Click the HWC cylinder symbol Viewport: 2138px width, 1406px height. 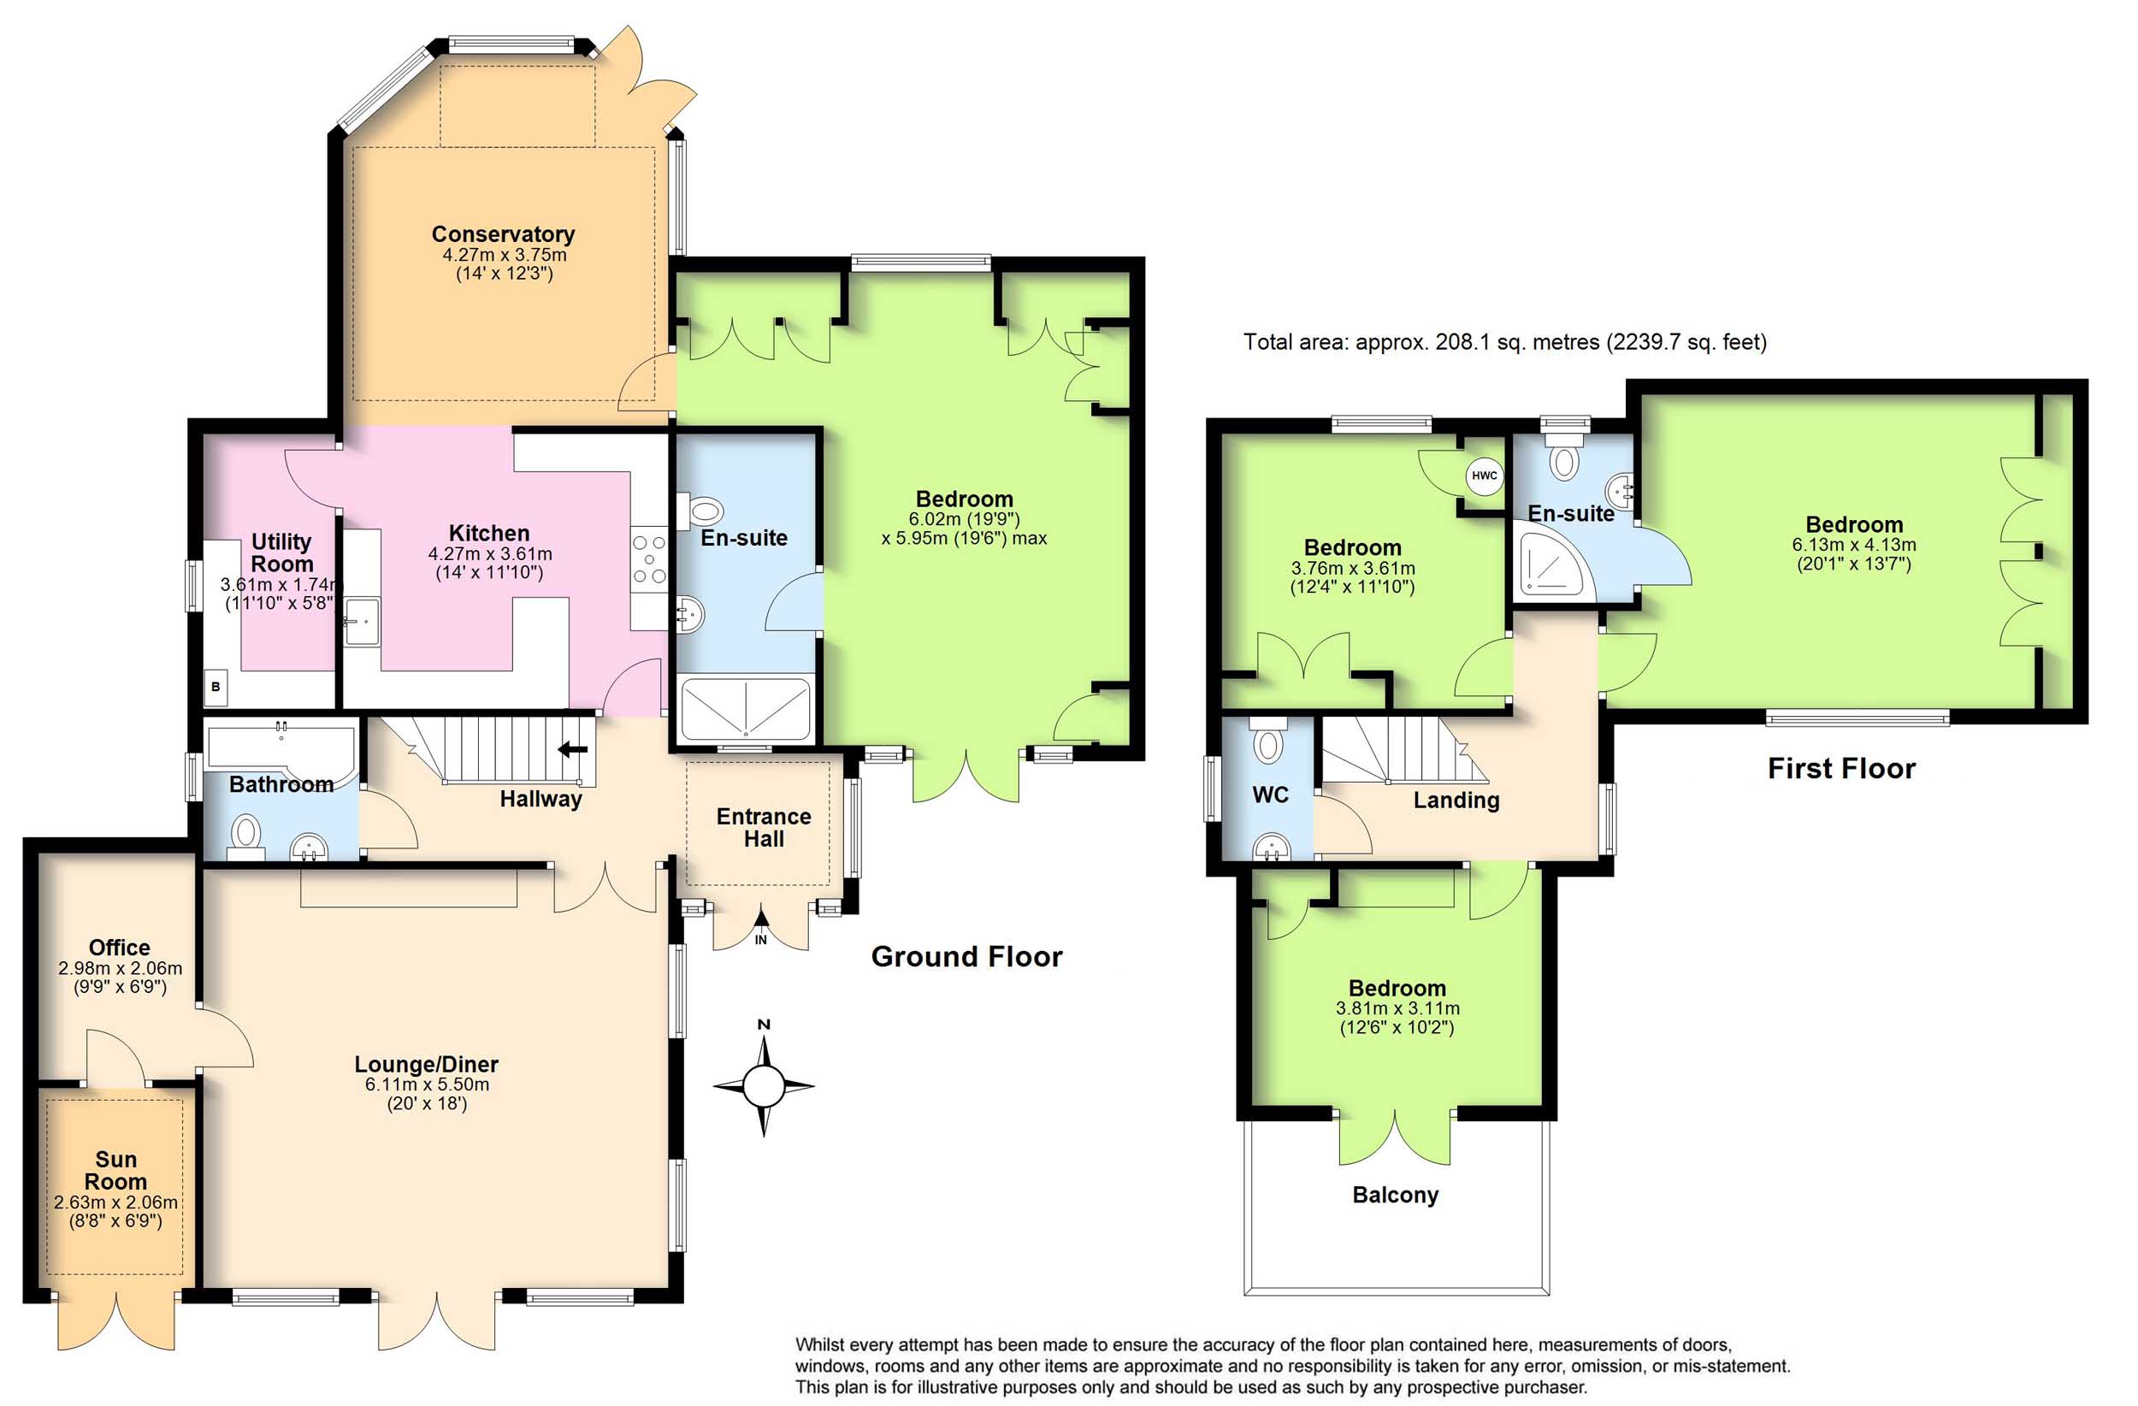click(x=1483, y=476)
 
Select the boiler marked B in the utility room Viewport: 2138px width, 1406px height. click(x=216, y=687)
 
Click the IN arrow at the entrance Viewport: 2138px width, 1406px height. click(x=761, y=927)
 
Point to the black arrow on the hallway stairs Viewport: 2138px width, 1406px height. click(x=572, y=748)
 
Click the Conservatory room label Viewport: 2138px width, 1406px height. click(x=503, y=233)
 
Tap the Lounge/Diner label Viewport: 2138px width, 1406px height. click(x=426, y=1064)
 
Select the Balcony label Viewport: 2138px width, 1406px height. click(x=1395, y=1194)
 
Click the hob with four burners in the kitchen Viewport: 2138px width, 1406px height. click(x=648, y=559)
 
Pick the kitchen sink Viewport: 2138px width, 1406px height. click(x=362, y=621)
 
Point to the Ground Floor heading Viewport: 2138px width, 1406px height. click(x=966, y=956)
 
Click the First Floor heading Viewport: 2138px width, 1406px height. click(x=1841, y=768)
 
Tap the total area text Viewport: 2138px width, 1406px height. click(x=1504, y=341)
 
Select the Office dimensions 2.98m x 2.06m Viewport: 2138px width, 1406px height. click(x=121, y=968)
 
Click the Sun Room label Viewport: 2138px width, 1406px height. click(x=116, y=1170)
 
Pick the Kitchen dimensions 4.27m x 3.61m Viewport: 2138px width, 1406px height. click(x=489, y=553)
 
